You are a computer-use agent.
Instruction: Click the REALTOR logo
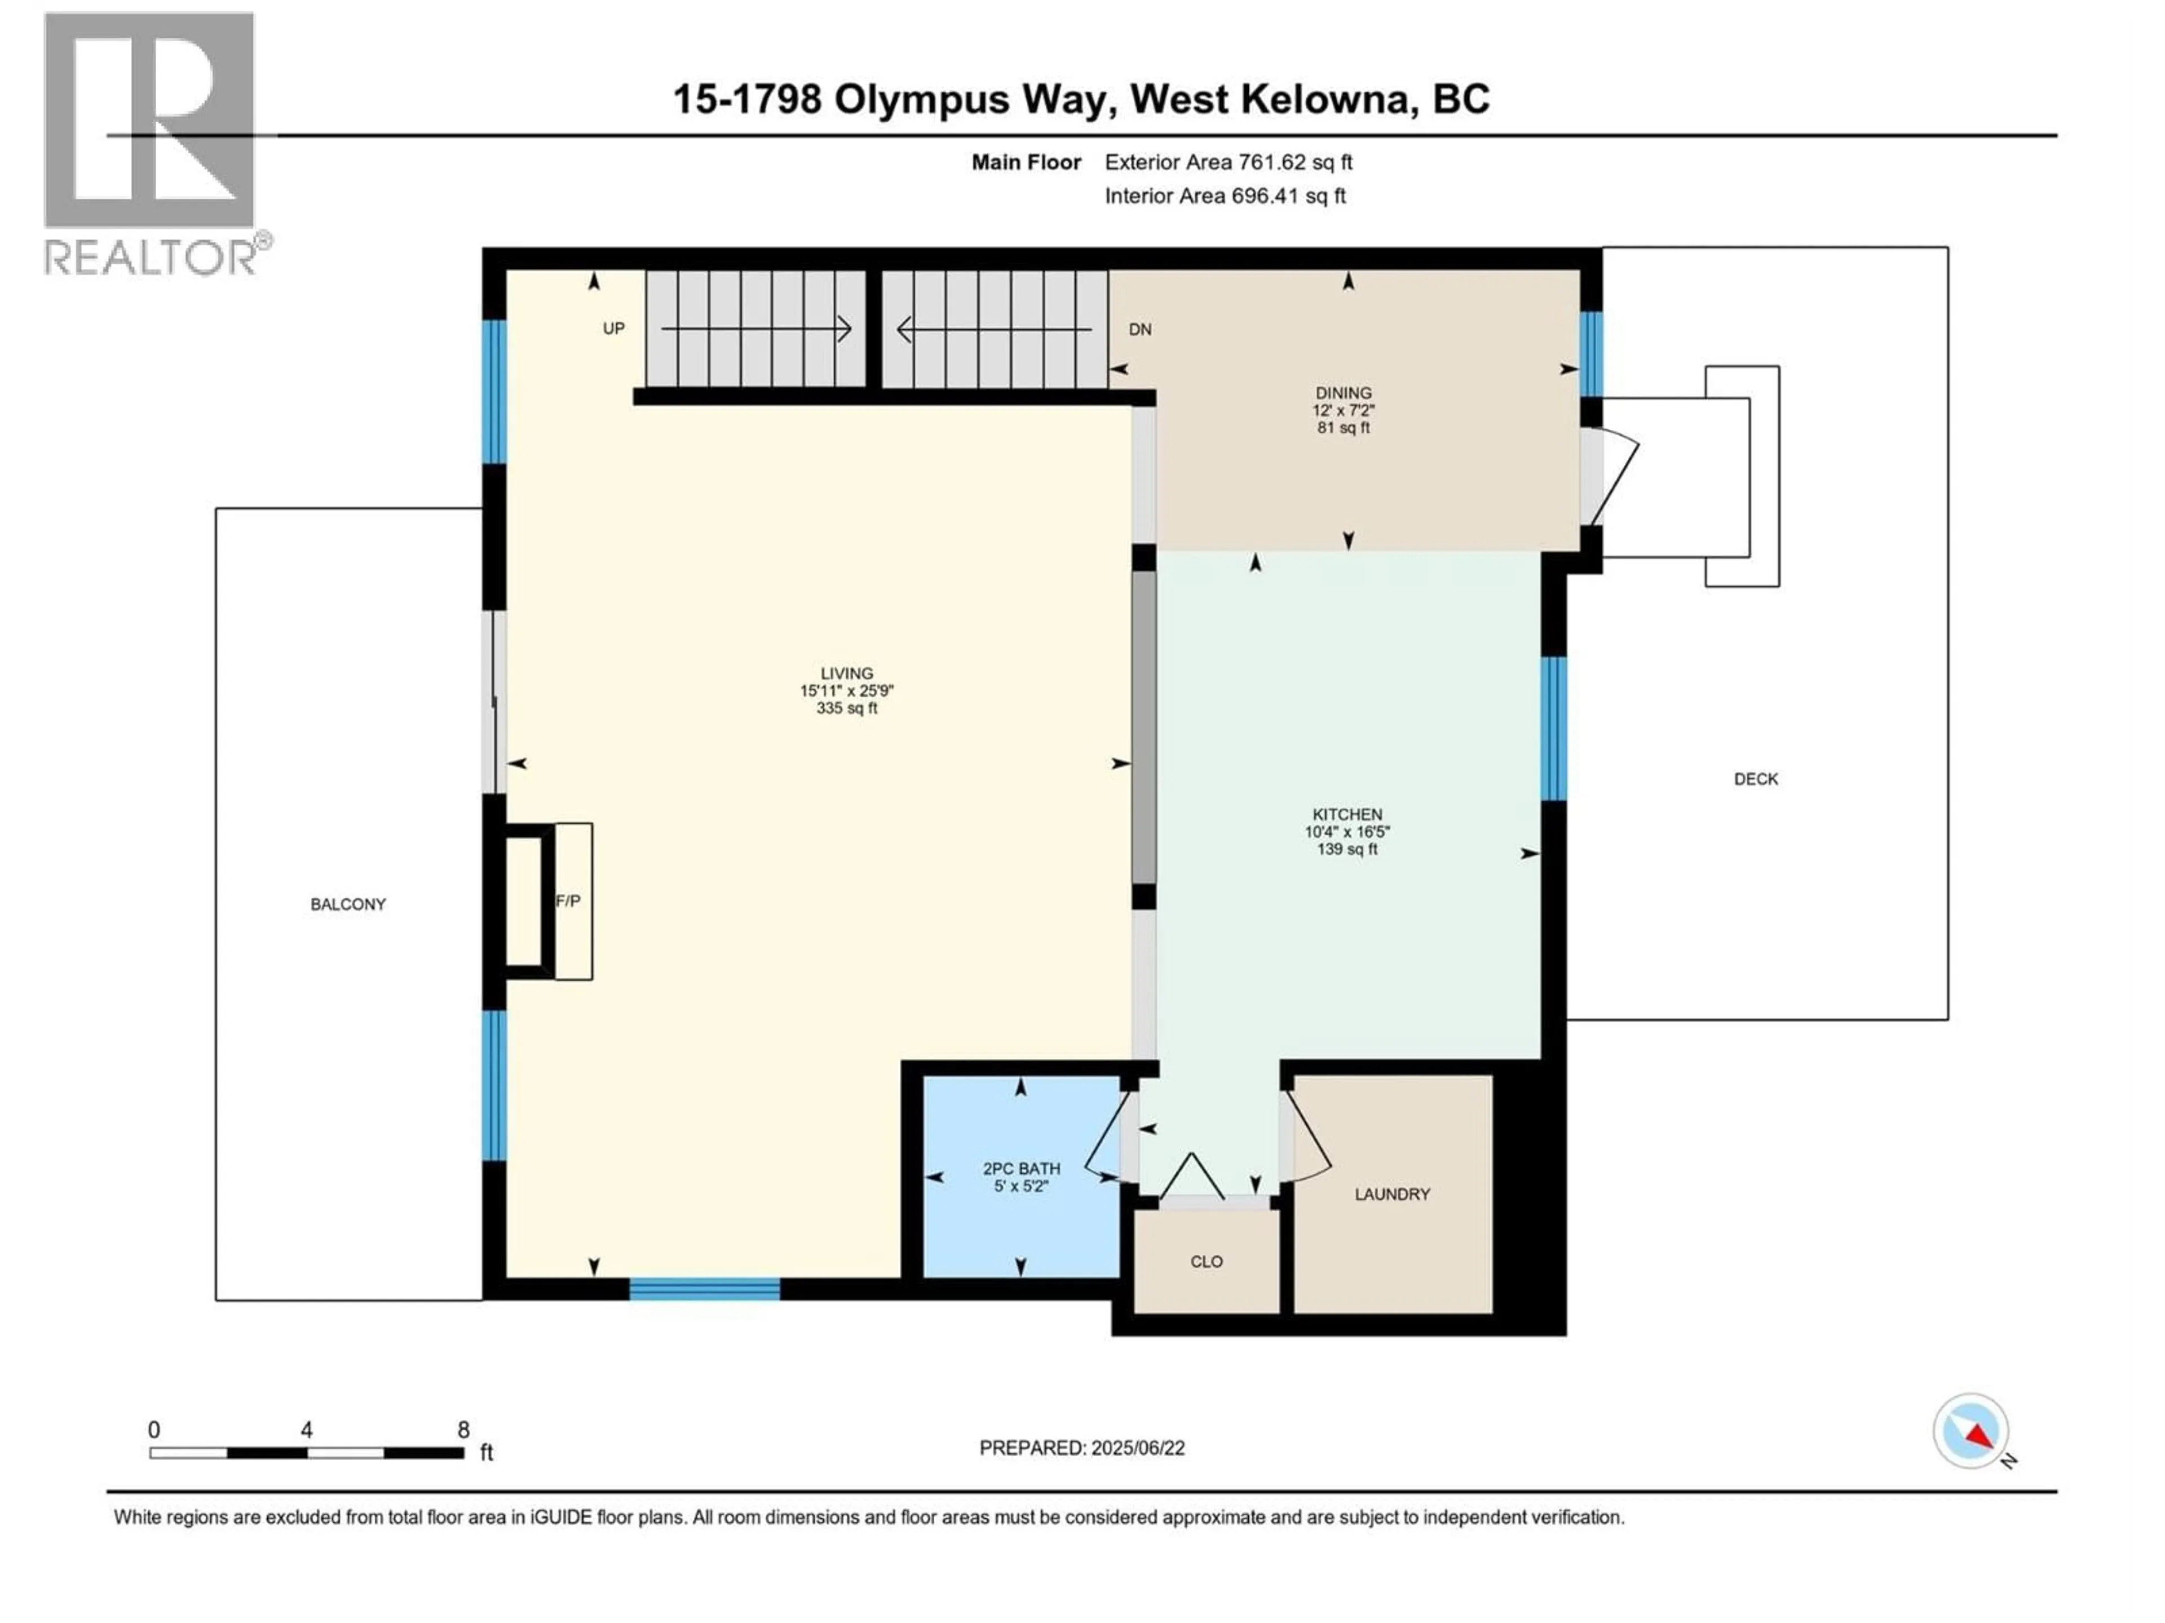152,142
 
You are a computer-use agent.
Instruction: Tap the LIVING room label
847,673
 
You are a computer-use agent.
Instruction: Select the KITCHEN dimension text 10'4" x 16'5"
1347,832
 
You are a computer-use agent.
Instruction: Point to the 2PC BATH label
1021,1168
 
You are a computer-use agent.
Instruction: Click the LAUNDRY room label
1392,1194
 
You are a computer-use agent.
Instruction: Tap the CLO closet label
1206,1261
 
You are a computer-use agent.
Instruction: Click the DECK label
1755,779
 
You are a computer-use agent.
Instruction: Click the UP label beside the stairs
613,329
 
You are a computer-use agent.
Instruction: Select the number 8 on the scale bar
463,1429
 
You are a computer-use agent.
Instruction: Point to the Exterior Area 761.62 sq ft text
1229,162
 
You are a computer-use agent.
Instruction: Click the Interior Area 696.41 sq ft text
1225,196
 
